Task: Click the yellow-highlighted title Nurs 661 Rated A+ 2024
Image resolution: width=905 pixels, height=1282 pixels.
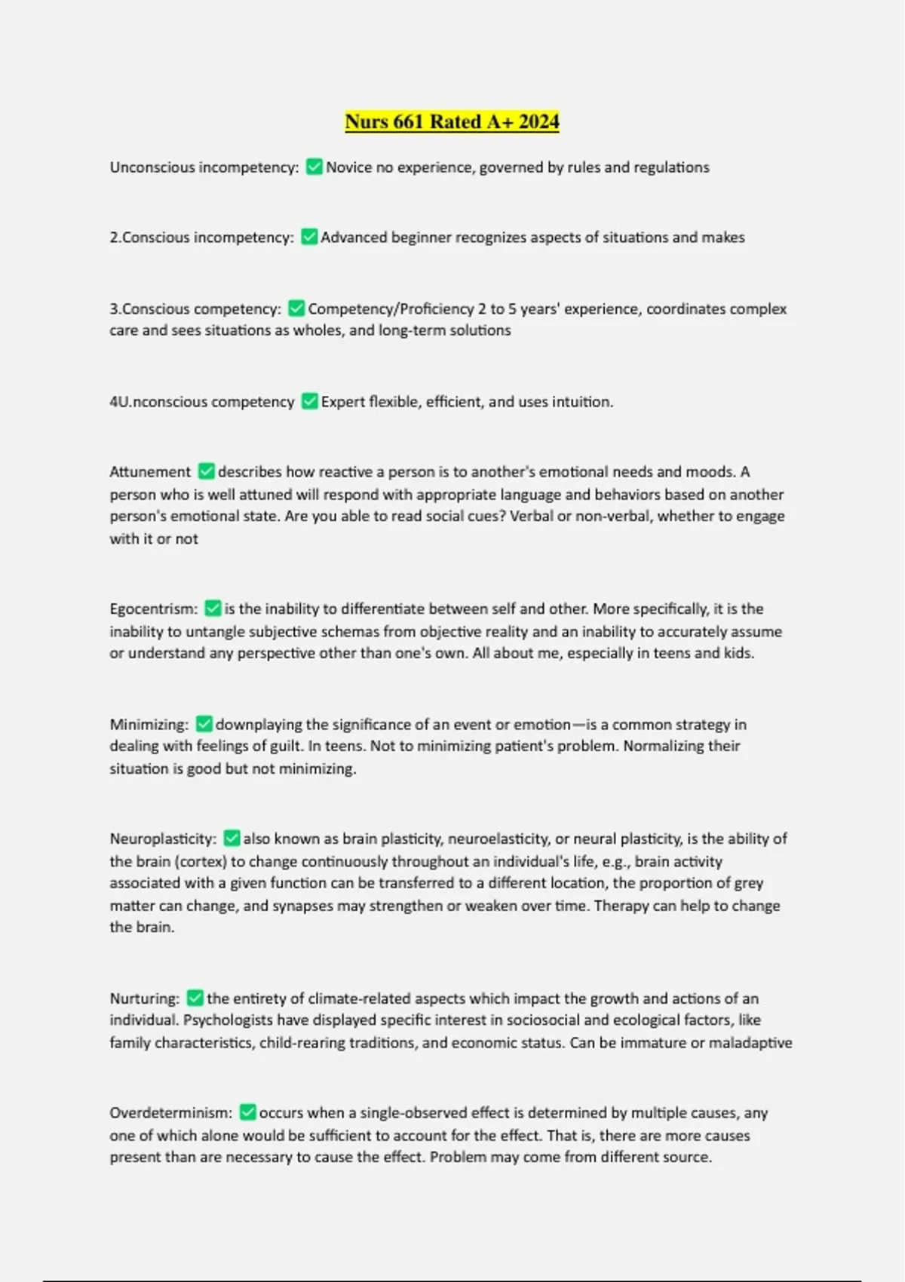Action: (452, 121)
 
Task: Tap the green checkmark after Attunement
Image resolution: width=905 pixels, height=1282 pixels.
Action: (206, 471)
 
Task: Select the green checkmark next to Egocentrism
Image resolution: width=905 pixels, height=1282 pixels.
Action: (213, 609)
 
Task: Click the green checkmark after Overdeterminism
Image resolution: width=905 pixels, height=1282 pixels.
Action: (247, 1112)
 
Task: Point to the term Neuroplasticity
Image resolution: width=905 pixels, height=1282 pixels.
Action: (162, 839)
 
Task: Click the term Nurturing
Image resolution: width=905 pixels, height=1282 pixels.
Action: (144, 998)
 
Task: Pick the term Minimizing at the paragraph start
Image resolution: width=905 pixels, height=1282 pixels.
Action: (149, 725)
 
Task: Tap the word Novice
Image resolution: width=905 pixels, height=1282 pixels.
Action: (348, 167)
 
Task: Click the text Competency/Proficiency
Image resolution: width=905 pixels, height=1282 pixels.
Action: (391, 309)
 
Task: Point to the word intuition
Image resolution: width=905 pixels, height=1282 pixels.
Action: (581, 402)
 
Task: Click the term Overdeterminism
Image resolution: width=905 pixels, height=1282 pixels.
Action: (170, 1113)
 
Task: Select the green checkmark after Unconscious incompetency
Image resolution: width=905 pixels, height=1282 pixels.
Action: (314, 167)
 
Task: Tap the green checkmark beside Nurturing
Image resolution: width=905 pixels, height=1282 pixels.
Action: (195, 998)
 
